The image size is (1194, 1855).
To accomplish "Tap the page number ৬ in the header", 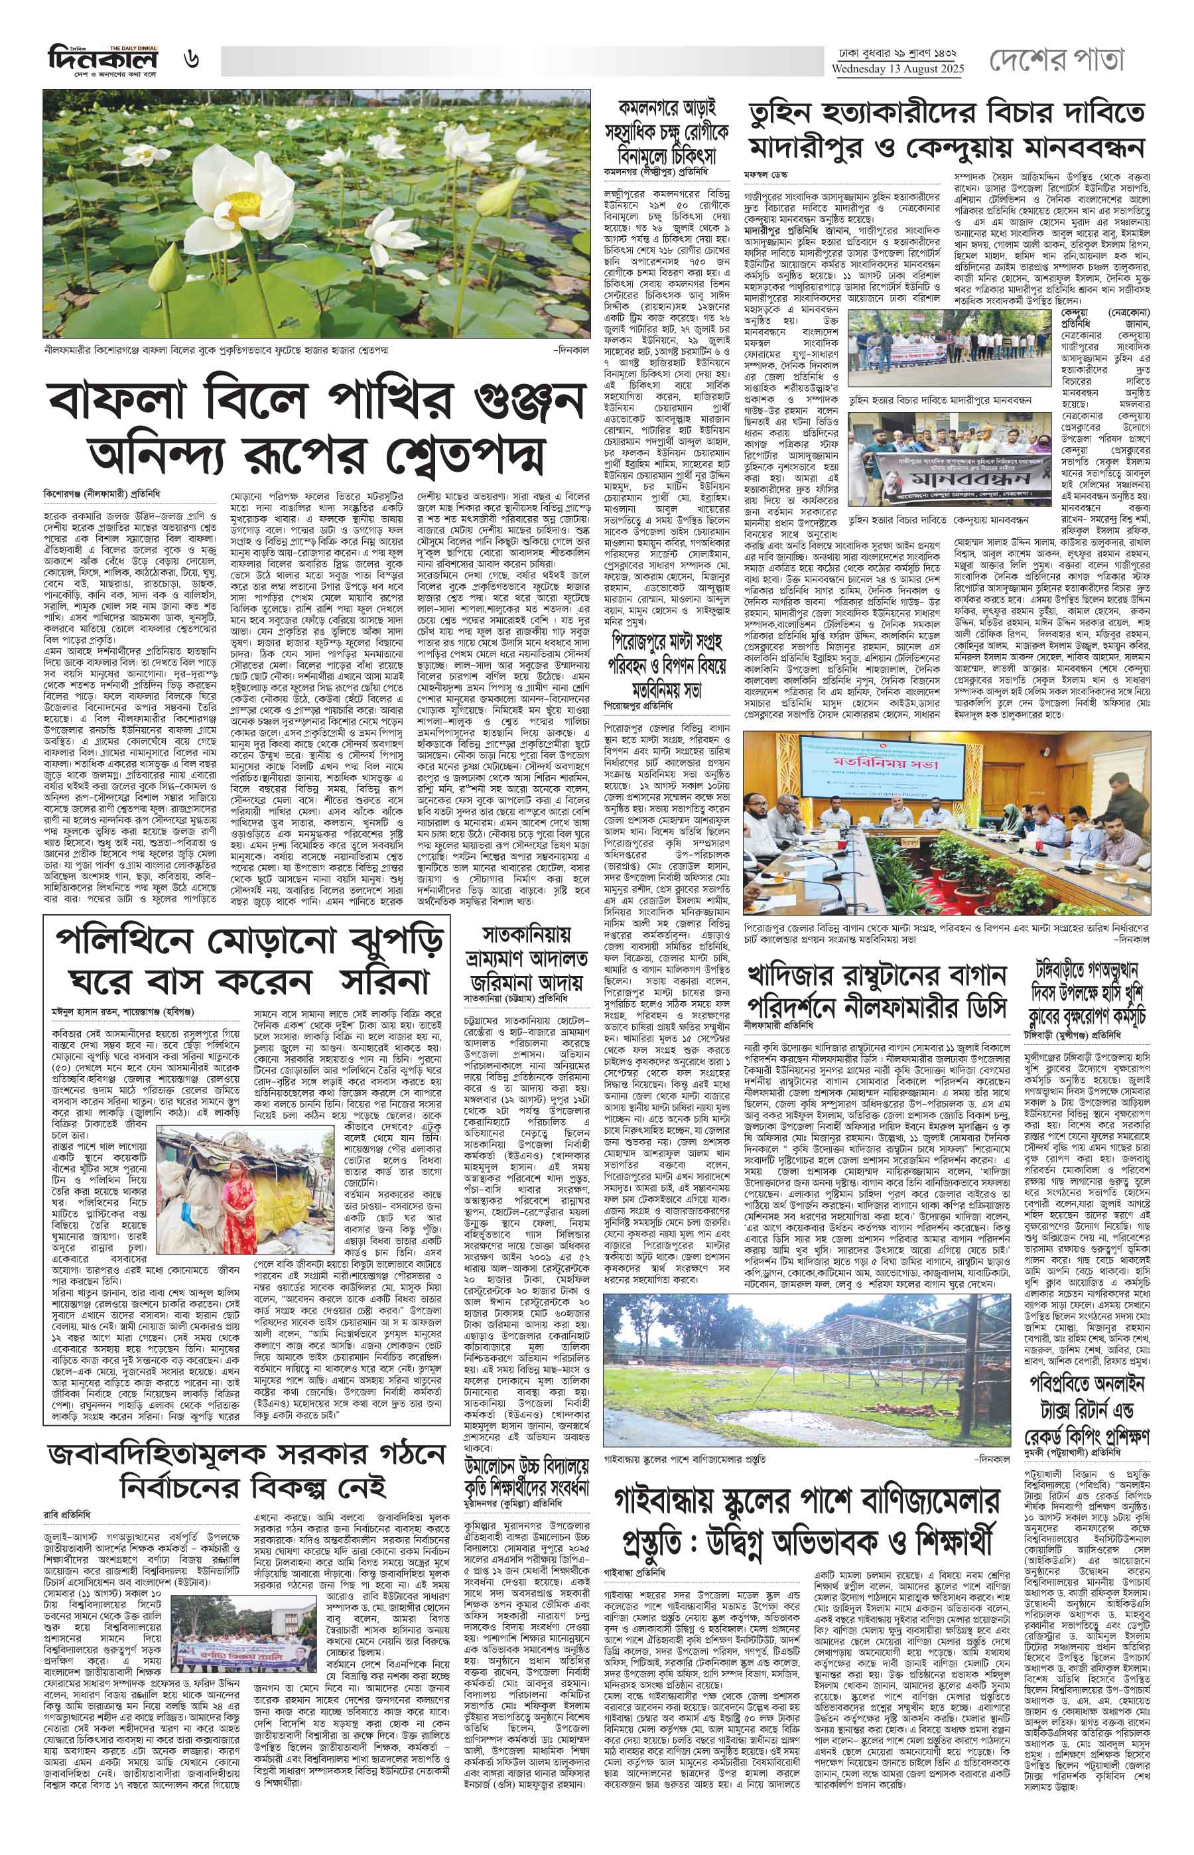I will click(192, 59).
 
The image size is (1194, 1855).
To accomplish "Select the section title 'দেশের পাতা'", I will click(1055, 60).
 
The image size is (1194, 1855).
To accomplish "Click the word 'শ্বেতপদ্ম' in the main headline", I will click(486, 451).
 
